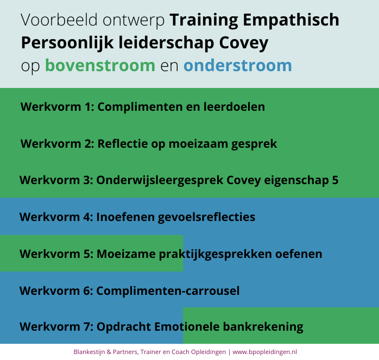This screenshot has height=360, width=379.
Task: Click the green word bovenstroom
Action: pyautogui.click(x=100, y=65)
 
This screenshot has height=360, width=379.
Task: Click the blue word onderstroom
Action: pyautogui.click(x=238, y=65)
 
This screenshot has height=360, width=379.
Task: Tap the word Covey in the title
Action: pyautogui.click(x=244, y=43)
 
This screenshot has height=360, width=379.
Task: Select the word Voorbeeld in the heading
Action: pyautogui.click(x=59, y=20)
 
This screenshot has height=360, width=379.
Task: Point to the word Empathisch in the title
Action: pyautogui.click(x=291, y=20)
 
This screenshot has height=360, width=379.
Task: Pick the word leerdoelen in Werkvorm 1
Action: pyautogui.click(x=234, y=106)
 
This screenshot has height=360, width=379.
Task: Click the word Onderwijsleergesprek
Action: pyautogui.click(x=160, y=180)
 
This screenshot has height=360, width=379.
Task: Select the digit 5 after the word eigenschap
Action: pyautogui.click(x=335, y=180)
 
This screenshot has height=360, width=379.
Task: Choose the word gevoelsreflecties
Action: pyautogui.click(x=206, y=217)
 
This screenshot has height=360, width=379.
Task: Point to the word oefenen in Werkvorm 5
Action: pyautogui.click(x=299, y=254)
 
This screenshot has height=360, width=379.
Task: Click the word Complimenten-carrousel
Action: pyautogui.click(x=168, y=290)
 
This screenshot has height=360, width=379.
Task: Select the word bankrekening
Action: pyautogui.click(x=263, y=327)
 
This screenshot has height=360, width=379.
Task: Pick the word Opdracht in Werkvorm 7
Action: pyautogui.click(x=124, y=327)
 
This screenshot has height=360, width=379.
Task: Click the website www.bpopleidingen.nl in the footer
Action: pyautogui.click(x=264, y=352)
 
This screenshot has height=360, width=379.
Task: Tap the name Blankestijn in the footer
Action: pyautogui.click(x=89, y=352)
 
